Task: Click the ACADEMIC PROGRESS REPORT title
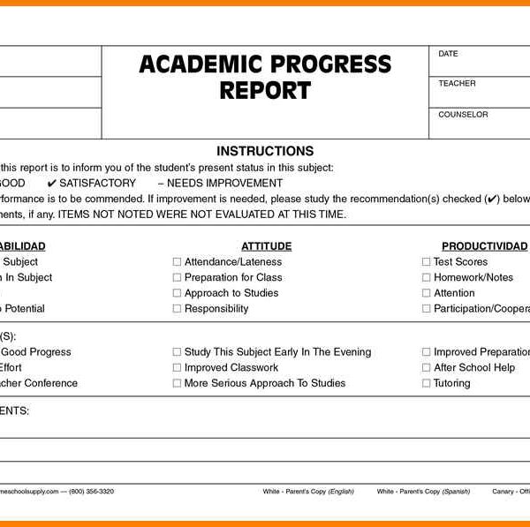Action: (x=265, y=77)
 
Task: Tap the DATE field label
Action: (x=448, y=54)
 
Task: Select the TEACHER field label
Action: (x=457, y=84)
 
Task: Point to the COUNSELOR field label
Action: (x=463, y=115)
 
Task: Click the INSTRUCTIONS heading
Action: (x=265, y=151)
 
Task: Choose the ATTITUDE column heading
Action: (x=266, y=246)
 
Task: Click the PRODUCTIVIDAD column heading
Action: (x=484, y=246)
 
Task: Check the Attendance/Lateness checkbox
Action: (x=177, y=262)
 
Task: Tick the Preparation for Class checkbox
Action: (x=177, y=278)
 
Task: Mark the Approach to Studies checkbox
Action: (x=177, y=293)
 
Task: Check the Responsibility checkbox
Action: (x=177, y=309)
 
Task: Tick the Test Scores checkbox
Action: (x=426, y=262)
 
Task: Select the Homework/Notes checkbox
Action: (x=426, y=278)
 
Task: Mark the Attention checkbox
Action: (x=426, y=293)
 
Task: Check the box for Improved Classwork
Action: (x=177, y=368)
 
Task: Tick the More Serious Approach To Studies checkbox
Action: (x=177, y=384)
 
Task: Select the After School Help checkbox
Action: (x=426, y=368)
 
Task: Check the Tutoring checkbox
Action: (x=426, y=384)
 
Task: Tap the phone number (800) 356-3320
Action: (x=91, y=491)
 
